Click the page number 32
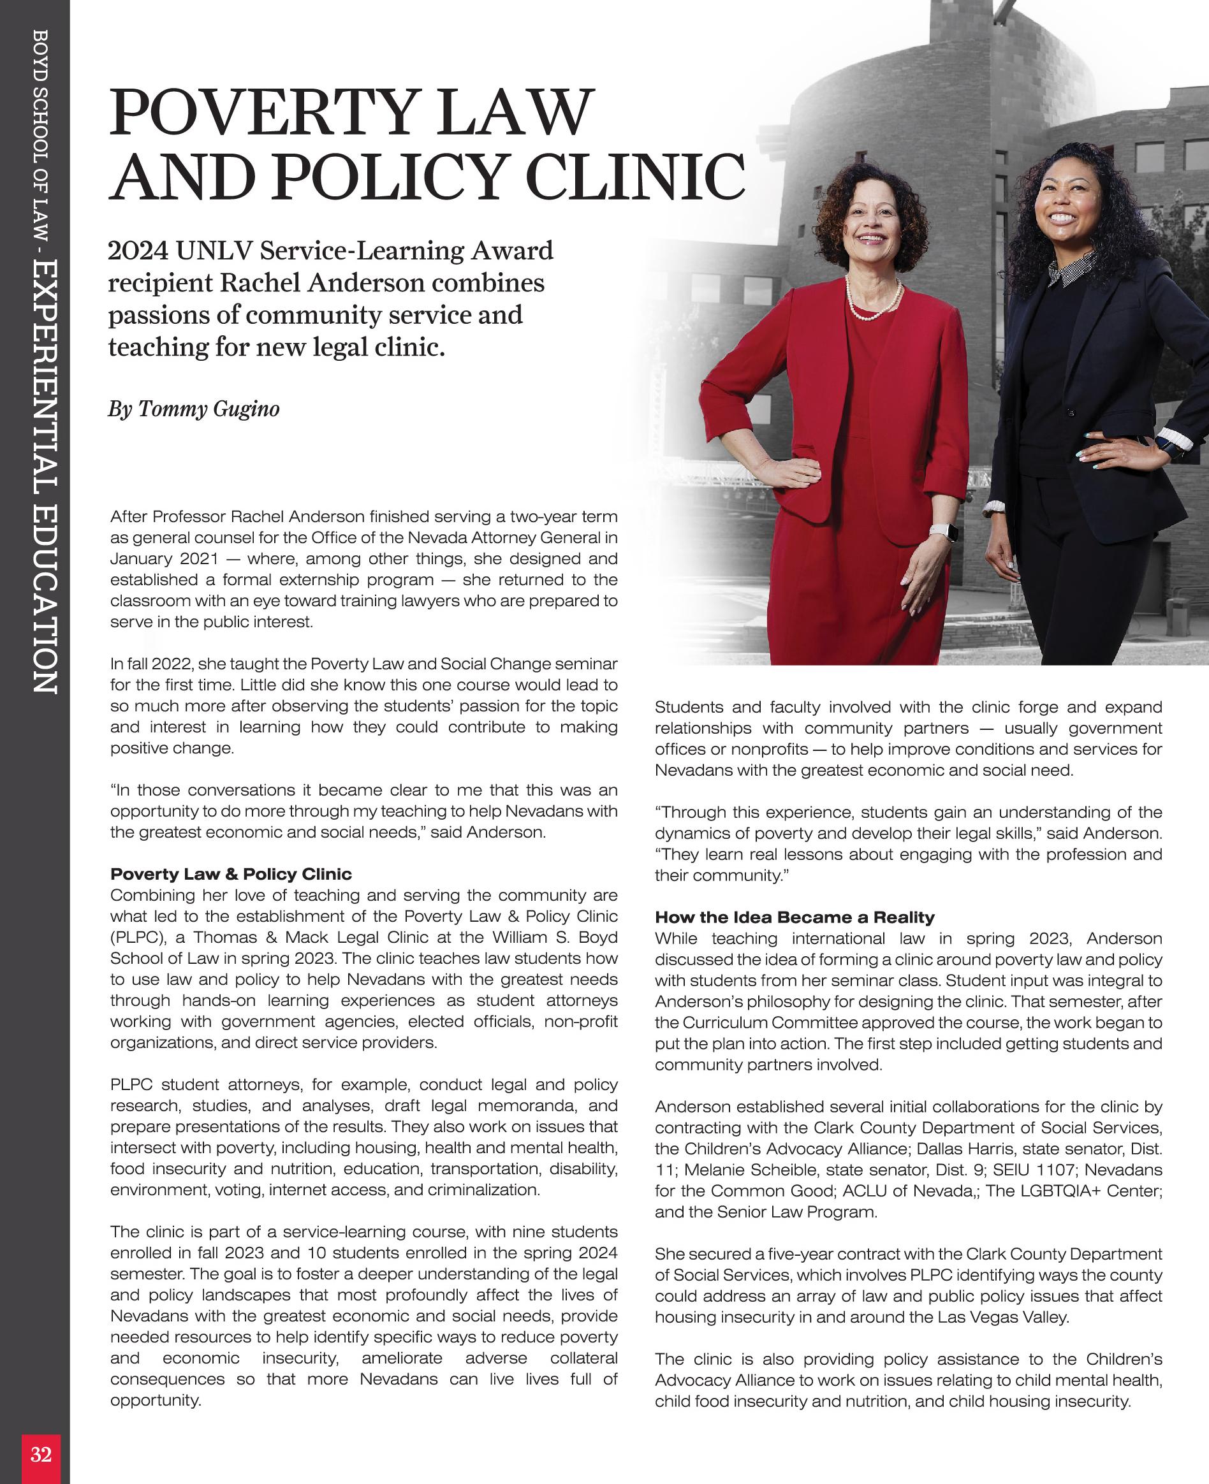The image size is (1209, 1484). [x=40, y=1455]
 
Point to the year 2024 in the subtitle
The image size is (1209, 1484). [x=137, y=251]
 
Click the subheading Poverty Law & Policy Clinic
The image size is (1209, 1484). [x=231, y=874]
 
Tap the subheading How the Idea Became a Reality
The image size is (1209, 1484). [x=795, y=917]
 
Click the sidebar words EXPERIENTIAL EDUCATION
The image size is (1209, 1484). [x=44, y=477]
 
